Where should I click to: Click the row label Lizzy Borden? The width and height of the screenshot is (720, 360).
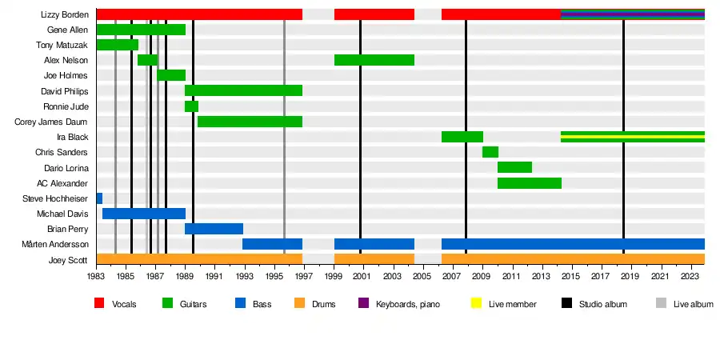(x=64, y=14)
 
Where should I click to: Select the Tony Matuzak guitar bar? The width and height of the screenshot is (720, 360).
(x=117, y=45)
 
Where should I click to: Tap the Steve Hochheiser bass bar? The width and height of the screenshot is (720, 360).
(x=99, y=198)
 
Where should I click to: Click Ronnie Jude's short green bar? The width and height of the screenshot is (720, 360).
(x=191, y=106)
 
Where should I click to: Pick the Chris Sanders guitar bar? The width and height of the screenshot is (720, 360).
(x=490, y=152)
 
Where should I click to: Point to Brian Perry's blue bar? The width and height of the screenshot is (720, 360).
(x=214, y=229)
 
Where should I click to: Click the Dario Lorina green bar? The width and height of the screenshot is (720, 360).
(x=514, y=167)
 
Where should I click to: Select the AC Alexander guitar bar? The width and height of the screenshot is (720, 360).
(x=529, y=183)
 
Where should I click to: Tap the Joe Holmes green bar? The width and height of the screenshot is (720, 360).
(x=170, y=75)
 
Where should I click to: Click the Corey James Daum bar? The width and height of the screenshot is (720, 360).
(x=250, y=122)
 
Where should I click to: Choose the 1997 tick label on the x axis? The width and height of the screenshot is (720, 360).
(x=303, y=276)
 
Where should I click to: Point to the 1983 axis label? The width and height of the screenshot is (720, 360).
(x=96, y=276)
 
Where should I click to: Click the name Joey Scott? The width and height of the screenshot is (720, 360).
(x=69, y=259)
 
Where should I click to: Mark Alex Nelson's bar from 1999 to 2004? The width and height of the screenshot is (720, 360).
(x=374, y=60)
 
